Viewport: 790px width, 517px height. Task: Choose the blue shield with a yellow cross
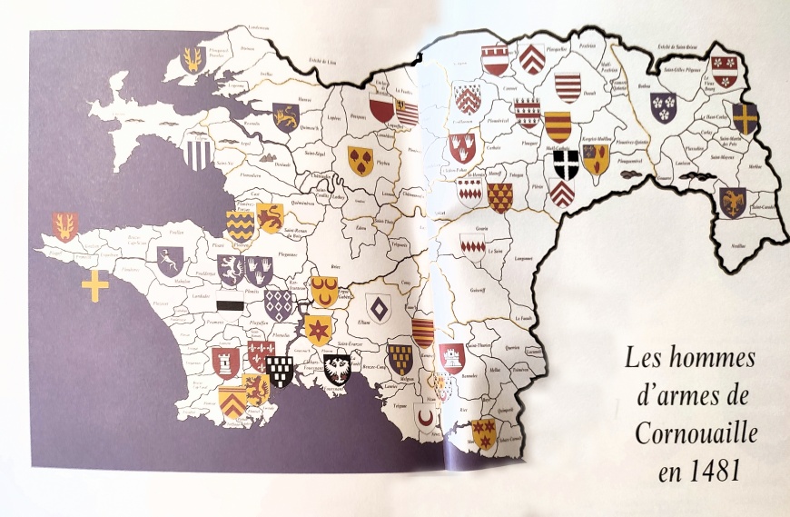745,117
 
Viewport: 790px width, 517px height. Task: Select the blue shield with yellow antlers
193,61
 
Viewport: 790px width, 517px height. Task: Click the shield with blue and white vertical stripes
197,153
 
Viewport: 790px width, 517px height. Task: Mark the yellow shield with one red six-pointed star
318,329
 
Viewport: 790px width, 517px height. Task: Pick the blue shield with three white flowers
664,107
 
